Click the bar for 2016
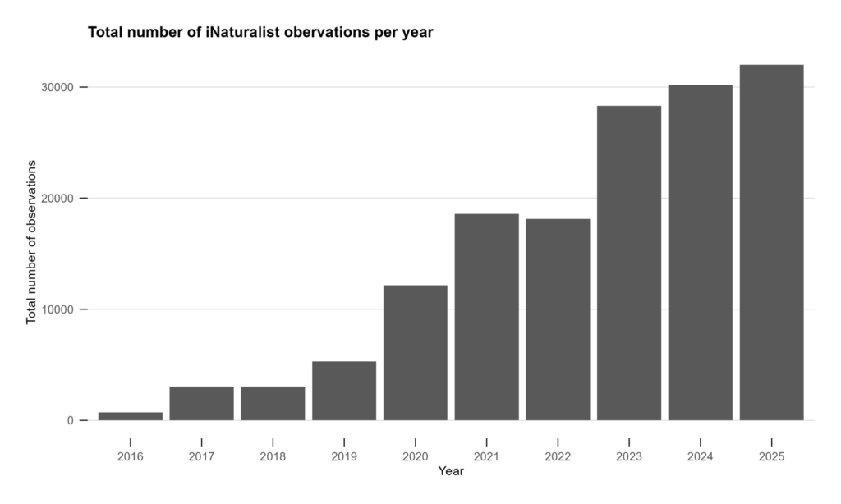pyautogui.click(x=130, y=416)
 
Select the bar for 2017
pyautogui.click(x=201, y=403)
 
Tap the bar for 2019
pyautogui.click(x=344, y=391)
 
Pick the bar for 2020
pyautogui.click(x=415, y=353)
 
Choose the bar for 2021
pyautogui.click(x=486, y=317)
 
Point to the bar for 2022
pyautogui.click(x=558, y=319)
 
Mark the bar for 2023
pyautogui.click(x=629, y=263)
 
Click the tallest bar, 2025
pyautogui.click(x=771, y=242)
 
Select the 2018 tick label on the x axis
pyautogui.click(x=273, y=456)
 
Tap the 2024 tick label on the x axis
pyautogui.click(x=700, y=456)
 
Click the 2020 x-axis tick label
pyautogui.click(x=415, y=456)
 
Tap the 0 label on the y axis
pyautogui.click(x=72, y=420)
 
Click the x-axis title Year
pyautogui.click(x=451, y=471)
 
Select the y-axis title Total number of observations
pyautogui.click(x=32, y=242)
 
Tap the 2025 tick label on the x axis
pyautogui.click(x=771, y=456)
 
